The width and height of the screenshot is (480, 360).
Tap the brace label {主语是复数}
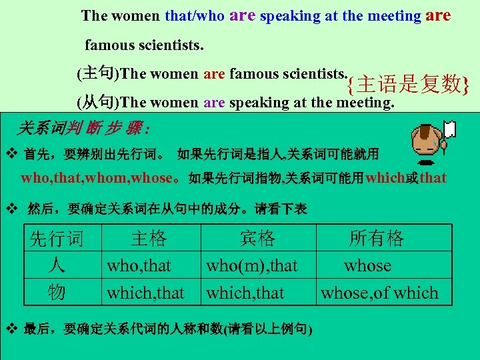click(x=407, y=85)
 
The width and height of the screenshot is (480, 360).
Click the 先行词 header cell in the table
click(x=57, y=238)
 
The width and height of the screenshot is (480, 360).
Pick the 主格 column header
click(x=148, y=238)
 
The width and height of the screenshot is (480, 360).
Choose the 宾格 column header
click(x=257, y=238)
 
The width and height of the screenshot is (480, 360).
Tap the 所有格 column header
click(x=377, y=238)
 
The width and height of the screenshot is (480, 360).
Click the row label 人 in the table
click(x=57, y=265)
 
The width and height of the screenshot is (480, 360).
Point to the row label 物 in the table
click(x=57, y=292)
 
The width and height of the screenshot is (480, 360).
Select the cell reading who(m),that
click(x=251, y=266)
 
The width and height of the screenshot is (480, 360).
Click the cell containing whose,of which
click(x=379, y=293)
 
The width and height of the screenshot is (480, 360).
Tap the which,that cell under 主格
click(x=145, y=293)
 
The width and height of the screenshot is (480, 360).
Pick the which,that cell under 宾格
click(x=245, y=293)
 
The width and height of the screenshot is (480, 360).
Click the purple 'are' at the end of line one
click(x=438, y=15)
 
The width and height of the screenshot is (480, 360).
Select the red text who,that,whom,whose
click(x=101, y=178)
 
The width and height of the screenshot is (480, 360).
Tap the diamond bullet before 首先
click(x=11, y=155)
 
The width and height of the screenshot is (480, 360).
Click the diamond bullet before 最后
click(x=11, y=329)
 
